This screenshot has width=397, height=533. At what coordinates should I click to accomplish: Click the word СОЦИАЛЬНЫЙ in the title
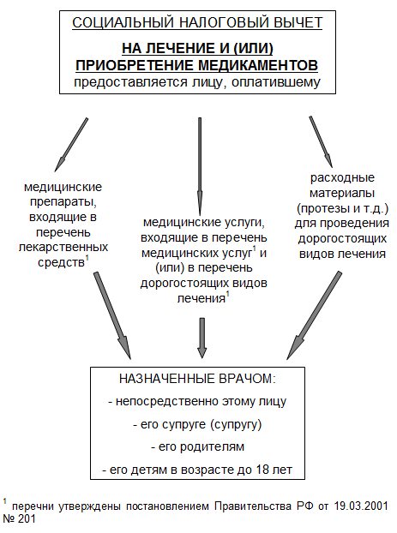[123, 23]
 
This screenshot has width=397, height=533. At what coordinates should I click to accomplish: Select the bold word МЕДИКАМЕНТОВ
[258, 65]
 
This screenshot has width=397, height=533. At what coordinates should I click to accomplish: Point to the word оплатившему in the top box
[276, 82]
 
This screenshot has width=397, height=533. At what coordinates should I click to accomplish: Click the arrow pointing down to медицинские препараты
[71, 145]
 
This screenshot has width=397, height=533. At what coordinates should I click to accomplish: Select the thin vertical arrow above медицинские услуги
[200, 166]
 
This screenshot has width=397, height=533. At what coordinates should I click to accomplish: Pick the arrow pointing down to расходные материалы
[321, 141]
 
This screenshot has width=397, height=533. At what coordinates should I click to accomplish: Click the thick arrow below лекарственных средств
[112, 315]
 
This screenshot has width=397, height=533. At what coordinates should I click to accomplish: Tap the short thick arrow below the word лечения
[202, 338]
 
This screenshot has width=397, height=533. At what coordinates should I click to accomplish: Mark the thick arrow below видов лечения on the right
[314, 315]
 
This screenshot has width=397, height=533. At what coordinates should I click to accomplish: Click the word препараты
[63, 202]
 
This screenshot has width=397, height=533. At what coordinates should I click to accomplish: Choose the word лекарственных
[63, 247]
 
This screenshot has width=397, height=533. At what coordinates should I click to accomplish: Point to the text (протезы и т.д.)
[342, 208]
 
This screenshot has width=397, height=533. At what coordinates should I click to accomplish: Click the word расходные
[342, 177]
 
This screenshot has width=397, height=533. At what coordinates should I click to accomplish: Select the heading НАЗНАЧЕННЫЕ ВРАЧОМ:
[197, 379]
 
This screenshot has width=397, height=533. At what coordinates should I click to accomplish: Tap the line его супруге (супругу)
[197, 424]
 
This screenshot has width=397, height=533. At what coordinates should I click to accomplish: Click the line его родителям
[197, 446]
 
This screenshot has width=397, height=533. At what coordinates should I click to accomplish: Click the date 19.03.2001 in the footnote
[361, 506]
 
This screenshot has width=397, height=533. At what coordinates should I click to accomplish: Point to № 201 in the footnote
[19, 519]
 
